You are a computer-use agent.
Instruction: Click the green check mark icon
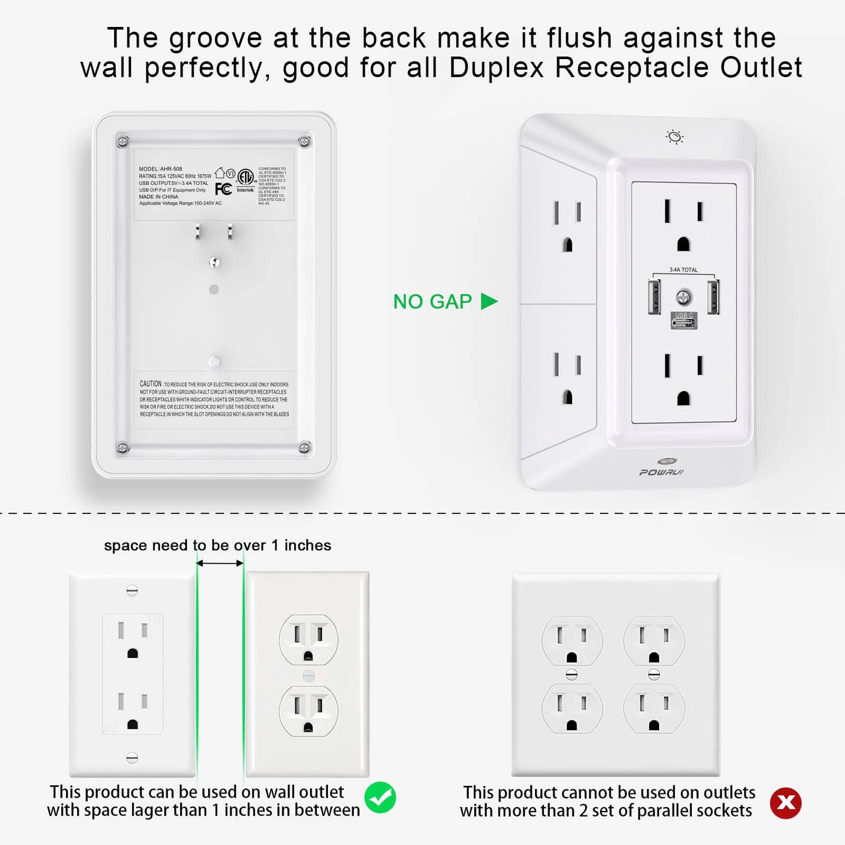coord(380,798)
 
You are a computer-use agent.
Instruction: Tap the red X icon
coord(785,803)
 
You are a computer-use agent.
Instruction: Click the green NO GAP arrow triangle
coord(488,301)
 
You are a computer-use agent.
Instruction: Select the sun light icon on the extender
coord(674,137)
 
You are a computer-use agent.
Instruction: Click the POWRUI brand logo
coord(661,472)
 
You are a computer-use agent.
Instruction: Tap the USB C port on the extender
coord(684,321)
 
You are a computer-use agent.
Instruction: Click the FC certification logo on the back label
coord(223,188)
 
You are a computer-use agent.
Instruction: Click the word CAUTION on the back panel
coord(150,384)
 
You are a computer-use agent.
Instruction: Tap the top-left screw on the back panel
coord(122,142)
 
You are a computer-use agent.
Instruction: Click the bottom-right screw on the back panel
coord(304,448)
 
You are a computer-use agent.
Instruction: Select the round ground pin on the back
coord(214,262)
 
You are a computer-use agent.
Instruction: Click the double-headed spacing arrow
coord(220,563)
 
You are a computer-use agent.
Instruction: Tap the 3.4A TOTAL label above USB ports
coord(683,270)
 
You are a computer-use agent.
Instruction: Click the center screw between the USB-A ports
coord(683,298)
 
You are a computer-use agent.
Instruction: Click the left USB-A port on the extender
coord(654,296)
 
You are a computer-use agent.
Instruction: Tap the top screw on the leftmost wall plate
coord(132,591)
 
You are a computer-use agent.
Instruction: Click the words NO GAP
coord(432,302)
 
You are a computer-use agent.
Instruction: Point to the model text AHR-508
coord(171,169)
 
